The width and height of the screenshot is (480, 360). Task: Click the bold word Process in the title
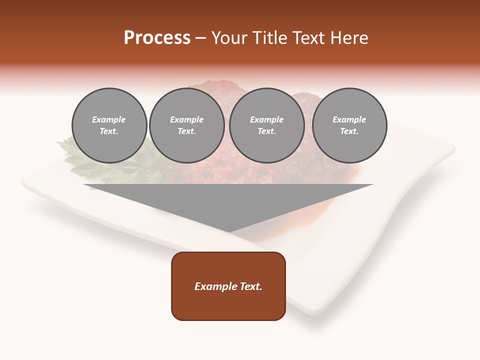[x=157, y=38]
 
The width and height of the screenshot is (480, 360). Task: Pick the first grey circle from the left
[x=109, y=125]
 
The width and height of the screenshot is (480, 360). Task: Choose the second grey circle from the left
[x=186, y=125]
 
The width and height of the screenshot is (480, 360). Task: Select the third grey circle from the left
[x=266, y=125]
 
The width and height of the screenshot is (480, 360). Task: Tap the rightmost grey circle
[x=349, y=125]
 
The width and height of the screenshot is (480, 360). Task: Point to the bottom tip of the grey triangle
[x=229, y=231]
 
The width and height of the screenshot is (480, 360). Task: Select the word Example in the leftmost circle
[x=109, y=119]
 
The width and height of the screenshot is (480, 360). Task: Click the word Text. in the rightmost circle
[x=349, y=131]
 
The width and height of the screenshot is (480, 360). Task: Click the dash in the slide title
[x=201, y=38]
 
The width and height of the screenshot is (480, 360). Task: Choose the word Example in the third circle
[x=266, y=119]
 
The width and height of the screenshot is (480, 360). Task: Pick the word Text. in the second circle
[x=186, y=131]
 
